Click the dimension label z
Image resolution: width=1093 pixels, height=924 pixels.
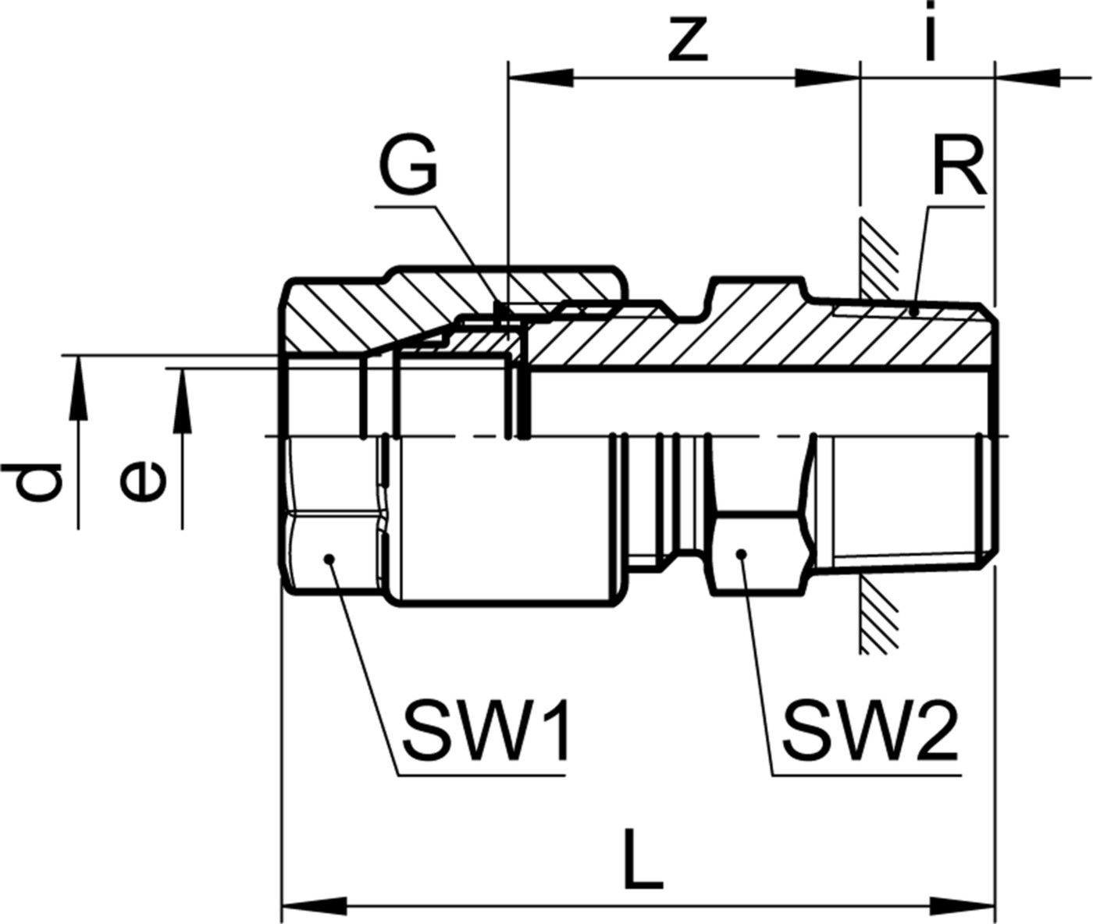tap(688, 39)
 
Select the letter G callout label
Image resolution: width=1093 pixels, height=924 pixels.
tap(407, 169)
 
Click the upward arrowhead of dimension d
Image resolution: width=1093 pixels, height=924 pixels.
tap(78, 386)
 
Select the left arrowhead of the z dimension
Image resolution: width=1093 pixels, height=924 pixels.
tap(539, 78)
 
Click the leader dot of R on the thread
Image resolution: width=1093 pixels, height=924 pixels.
tap(913, 312)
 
